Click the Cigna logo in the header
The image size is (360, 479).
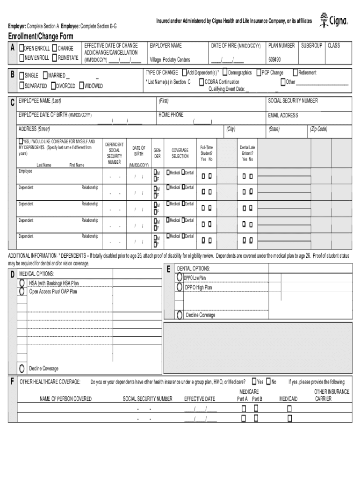click(x=333, y=21)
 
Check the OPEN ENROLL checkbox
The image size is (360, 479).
click(x=22, y=49)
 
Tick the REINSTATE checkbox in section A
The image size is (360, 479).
click(x=55, y=58)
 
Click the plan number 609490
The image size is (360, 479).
click(x=274, y=60)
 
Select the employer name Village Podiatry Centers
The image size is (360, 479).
click(x=169, y=60)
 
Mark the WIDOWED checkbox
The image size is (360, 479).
click(x=81, y=86)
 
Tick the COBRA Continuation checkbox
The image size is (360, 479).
click(x=202, y=82)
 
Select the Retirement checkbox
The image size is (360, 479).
click(x=295, y=73)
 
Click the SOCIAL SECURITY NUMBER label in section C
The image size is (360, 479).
click(x=293, y=101)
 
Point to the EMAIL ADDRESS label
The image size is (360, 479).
click(x=283, y=116)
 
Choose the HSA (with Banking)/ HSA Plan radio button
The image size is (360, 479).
click(x=22, y=283)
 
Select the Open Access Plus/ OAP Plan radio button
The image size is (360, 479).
click(x=22, y=291)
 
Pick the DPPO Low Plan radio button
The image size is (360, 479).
click(x=180, y=277)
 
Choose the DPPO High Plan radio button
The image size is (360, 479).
click(x=180, y=287)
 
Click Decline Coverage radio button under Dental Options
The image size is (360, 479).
click(x=180, y=315)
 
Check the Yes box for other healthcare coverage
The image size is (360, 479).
click(x=254, y=382)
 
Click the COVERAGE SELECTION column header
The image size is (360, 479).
click(x=180, y=153)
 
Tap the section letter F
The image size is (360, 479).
click(x=12, y=382)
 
